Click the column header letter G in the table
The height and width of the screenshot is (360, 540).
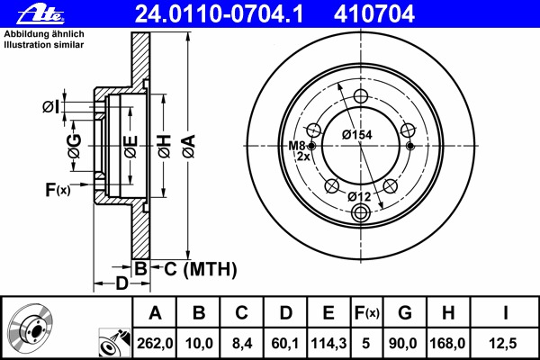pyautogui.click(x=405, y=313)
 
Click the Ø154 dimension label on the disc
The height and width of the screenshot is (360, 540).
pyautogui.click(x=356, y=135)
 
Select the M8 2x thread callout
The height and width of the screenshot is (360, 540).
pyautogui.click(x=297, y=150)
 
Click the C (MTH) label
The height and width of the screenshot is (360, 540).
pyautogui.click(x=194, y=267)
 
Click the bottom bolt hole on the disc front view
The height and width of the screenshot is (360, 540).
pyautogui.click(x=362, y=212)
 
